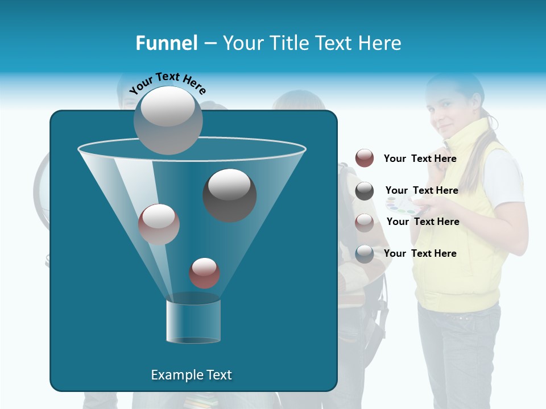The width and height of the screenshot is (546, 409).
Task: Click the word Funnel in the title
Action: point(167,43)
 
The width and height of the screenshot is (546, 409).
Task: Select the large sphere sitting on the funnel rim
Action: point(168,120)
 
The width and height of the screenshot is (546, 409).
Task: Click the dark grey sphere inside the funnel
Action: point(230,195)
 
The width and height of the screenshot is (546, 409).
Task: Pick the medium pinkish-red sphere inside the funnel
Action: point(159,224)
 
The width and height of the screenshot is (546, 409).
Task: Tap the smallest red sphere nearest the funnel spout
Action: point(204,273)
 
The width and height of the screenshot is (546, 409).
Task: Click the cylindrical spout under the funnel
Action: point(193,322)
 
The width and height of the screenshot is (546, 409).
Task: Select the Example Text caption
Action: point(192,375)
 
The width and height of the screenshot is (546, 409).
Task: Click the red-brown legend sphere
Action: point(365,158)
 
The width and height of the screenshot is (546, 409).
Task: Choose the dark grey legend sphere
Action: point(365,190)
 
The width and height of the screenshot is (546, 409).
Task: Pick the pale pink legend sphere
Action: point(365,222)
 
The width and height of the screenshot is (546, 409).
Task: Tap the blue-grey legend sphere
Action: point(365,253)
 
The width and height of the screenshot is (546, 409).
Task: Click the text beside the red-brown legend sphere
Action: point(420,158)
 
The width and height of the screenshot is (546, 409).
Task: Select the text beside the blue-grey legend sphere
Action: point(420,253)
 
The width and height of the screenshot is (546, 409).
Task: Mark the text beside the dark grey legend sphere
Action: point(422,190)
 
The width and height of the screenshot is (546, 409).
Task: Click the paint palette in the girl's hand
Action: point(402,206)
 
